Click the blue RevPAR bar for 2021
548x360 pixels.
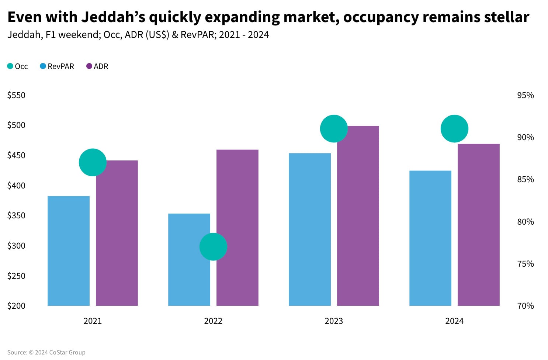(x=69, y=251)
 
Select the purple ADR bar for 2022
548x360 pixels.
(x=237, y=228)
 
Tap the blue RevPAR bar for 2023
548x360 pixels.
(x=310, y=229)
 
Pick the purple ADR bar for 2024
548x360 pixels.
(x=478, y=225)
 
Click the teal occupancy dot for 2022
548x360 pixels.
(x=213, y=247)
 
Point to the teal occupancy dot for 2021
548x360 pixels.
(x=93, y=162)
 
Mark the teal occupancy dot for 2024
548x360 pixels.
(x=454, y=129)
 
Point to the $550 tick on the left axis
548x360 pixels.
(x=16, y=95)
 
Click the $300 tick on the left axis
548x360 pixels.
(x=16, y=246)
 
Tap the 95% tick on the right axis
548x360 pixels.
(x=525, y=95)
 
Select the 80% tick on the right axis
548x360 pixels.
(x=525, y=222)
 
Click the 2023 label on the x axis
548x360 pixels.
(x=334, y=321)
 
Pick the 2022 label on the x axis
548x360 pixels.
(x=213, y=321)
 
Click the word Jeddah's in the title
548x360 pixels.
(x=113, y=17)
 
